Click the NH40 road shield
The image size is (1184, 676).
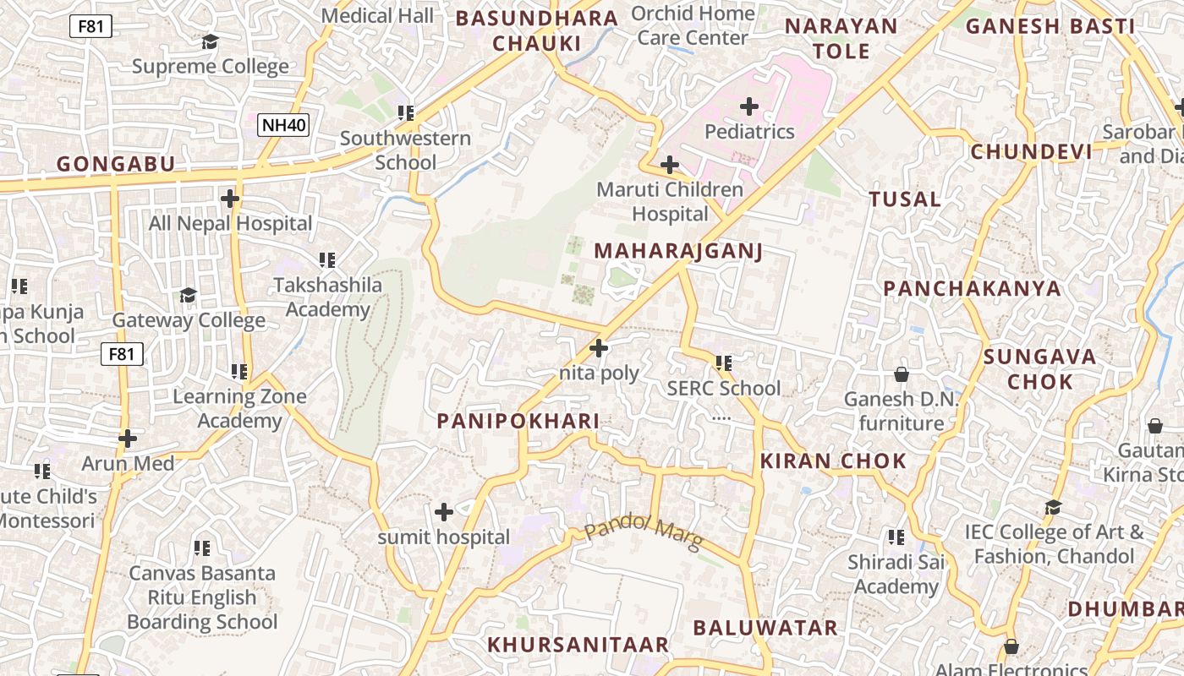point(284,126)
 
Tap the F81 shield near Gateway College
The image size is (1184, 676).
point(122,354)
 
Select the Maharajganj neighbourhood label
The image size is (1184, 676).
point(678,251)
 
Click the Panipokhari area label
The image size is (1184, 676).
point(518,421)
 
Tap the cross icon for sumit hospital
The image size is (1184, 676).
point(444,511)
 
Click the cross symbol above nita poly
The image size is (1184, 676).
point(599,347)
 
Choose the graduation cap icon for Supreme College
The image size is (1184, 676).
point(210,41)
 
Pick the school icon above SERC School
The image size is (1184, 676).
point(724,363)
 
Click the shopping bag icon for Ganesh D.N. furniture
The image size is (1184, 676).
point(902,373)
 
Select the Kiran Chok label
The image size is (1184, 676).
point(833,461)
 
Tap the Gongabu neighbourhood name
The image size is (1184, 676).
point(116,164)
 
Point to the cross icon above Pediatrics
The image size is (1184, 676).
point(749,106)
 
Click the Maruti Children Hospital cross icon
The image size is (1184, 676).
point(670,164)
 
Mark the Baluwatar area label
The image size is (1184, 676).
point(765,628)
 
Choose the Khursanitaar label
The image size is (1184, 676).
point(578,645)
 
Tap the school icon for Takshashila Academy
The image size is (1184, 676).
point(327,259)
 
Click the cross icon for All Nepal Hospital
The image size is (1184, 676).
point(230,199)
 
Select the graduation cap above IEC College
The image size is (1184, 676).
point(1053,507)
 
